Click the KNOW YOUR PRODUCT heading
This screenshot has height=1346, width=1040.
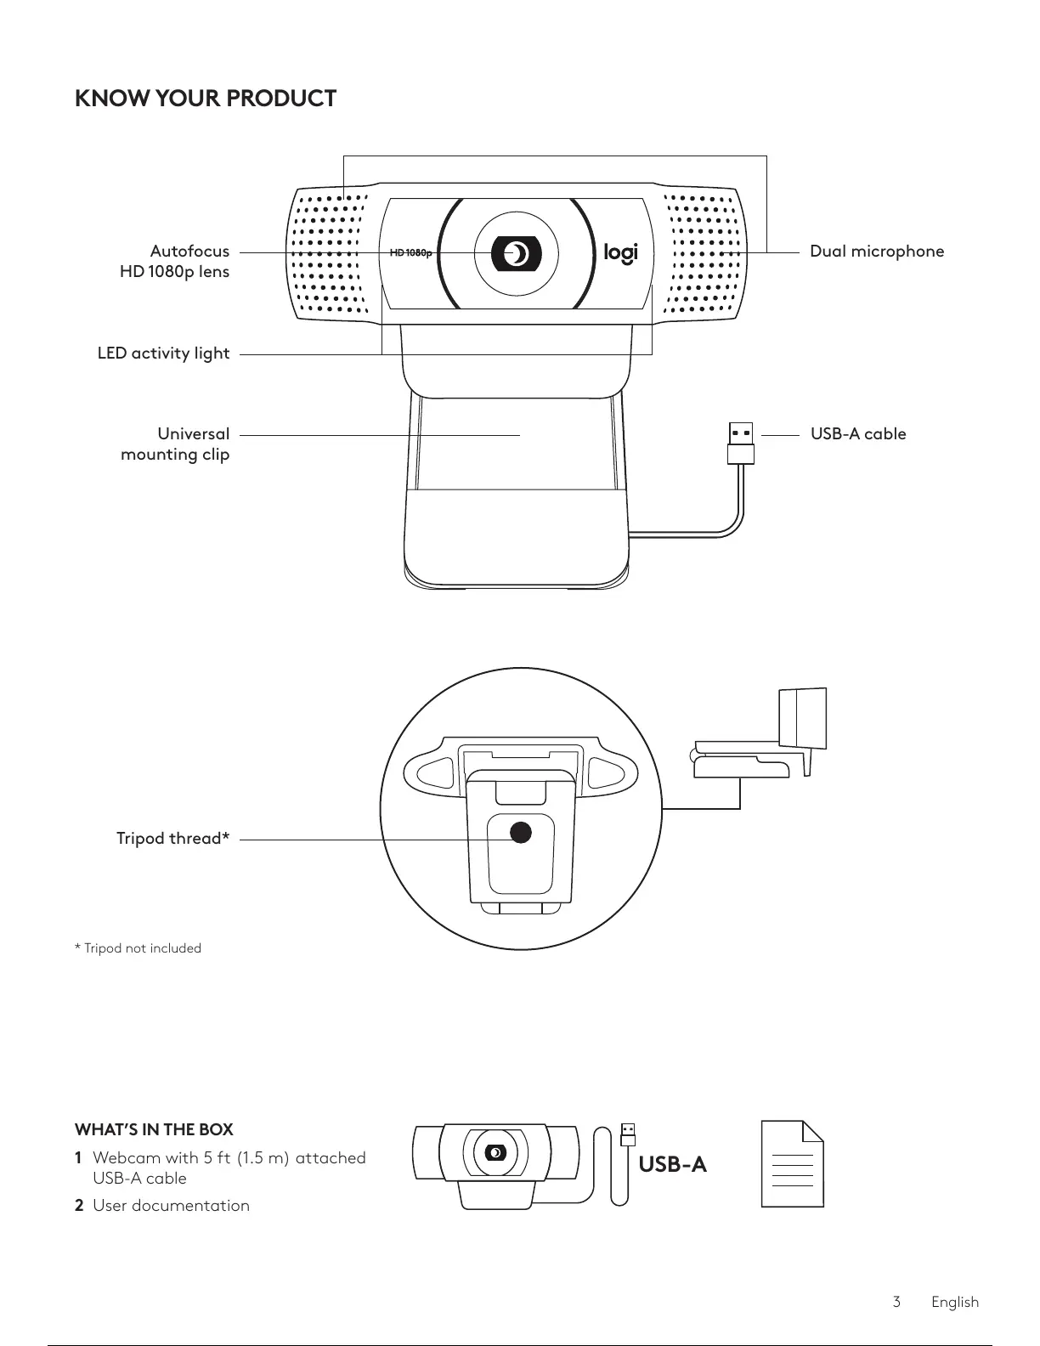206,99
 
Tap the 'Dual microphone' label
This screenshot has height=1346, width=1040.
876,252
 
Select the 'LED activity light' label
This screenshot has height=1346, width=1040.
163,353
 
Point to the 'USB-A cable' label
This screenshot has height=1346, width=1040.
857,434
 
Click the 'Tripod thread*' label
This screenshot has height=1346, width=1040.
172,839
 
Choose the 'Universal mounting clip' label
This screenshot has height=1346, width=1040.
175,444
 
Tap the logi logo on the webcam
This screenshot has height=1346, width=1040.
620,253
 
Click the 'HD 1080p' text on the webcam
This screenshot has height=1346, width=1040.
411,253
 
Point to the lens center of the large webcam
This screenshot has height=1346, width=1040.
516,253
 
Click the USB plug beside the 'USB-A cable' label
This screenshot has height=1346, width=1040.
741,442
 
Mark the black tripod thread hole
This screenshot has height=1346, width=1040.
519,833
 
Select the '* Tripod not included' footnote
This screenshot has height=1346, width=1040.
138,948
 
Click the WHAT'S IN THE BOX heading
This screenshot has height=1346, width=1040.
154,1130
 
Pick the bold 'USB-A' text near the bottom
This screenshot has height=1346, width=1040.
672,1164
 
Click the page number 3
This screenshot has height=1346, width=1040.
896,1302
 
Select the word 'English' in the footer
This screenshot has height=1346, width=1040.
954,1302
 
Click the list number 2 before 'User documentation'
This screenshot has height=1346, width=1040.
79,1206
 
